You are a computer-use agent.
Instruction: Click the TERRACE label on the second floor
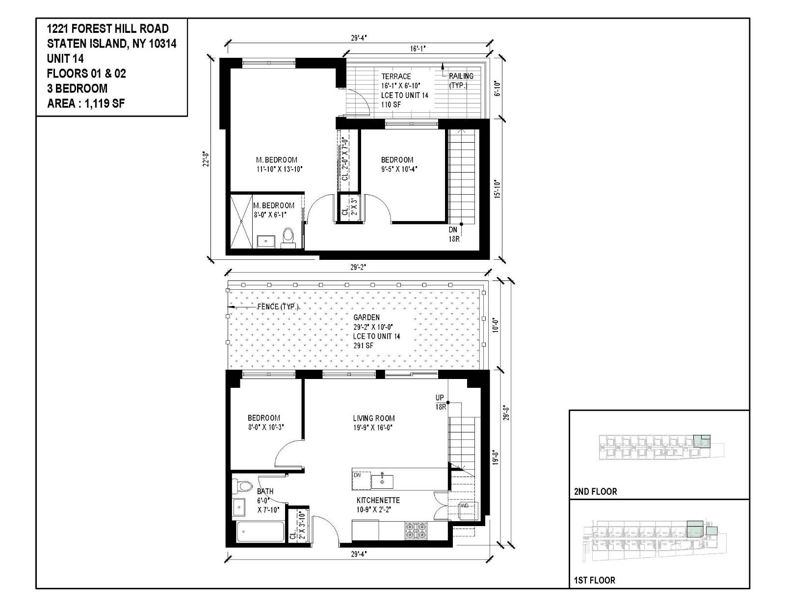point(396,76)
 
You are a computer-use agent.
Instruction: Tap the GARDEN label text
point(366,317)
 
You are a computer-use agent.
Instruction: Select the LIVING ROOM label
point(373,418)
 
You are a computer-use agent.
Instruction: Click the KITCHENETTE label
point(378,500)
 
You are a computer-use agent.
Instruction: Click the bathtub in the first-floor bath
point(260,532)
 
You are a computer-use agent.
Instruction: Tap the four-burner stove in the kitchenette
point(416,531)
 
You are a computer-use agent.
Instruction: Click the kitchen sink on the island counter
point(382,481)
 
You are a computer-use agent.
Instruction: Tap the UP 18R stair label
point(440,402)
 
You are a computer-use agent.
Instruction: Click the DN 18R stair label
point(453,234)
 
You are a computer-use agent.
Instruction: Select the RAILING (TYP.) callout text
point(461,80)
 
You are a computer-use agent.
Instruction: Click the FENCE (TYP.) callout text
point(278,306)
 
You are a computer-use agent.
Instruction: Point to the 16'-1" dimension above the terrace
point(418,49)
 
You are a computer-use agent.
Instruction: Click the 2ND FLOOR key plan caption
point(595,491)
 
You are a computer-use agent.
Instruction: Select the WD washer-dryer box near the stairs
point(464,505)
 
